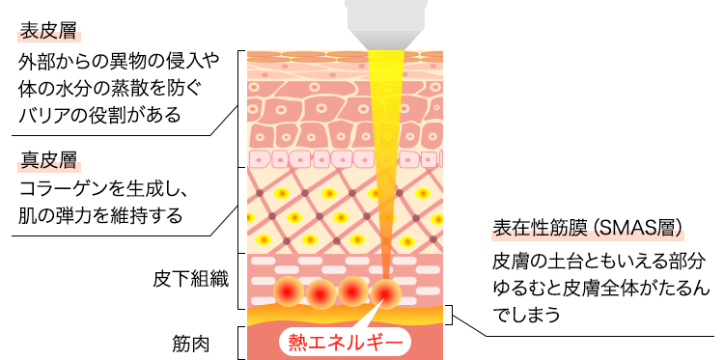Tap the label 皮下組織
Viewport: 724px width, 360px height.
[190, 280]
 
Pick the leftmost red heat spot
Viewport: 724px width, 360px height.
[287, 290]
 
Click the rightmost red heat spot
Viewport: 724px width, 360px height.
[387, 291]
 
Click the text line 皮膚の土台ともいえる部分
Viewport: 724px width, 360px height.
[592, 262]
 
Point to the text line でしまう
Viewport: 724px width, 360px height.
[526, 315]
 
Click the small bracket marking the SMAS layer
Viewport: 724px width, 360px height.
[448, 314]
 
